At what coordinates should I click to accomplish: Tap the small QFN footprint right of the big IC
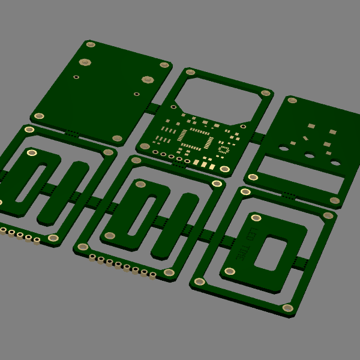coord(223,148)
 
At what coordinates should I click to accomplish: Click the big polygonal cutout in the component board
coord(215,98)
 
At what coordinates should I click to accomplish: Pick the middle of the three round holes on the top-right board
coord(309,156)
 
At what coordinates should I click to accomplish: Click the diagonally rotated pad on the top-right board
coord(305,138)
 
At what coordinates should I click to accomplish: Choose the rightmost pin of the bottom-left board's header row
coord(37,241)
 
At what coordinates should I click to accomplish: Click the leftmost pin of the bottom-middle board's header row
coord(92,257)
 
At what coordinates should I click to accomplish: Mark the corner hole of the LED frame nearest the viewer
coord(288,308)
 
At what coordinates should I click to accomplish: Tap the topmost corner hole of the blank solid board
coord(91,44)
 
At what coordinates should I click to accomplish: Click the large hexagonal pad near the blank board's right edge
coord(148,79)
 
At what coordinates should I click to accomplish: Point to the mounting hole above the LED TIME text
coord(256,218)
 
